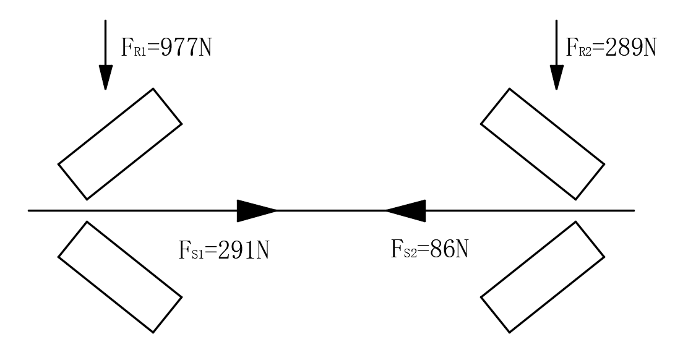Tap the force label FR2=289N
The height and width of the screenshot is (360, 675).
pos(611,48)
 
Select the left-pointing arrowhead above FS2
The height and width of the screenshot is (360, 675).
pos(406,211)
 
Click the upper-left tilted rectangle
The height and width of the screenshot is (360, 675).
pos(120,144)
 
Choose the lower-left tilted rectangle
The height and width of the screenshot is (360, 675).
pos(120,277)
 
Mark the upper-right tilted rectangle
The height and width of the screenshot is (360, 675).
pos(543,144)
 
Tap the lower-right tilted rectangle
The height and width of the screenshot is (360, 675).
pos(543,277)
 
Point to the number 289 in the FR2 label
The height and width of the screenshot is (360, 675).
pos(621,48)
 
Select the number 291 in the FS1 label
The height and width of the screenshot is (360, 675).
pos(234,251)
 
